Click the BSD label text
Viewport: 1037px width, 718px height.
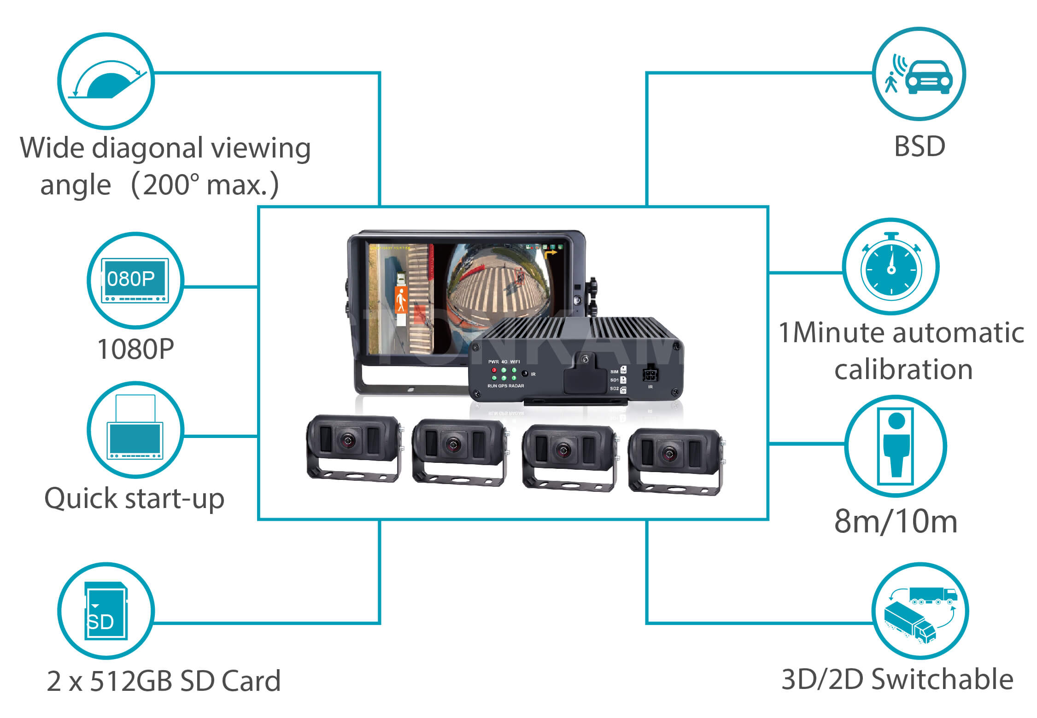(x=919, y=146)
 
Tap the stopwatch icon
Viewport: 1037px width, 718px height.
(x=891, y=267)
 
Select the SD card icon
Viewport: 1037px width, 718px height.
(x=105, y=611)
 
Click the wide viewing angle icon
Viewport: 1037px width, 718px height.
(x=106, y=81)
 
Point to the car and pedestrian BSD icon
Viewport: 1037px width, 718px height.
(x=919, y=75)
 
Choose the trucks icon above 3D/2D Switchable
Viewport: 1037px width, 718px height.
(x=920, y=612)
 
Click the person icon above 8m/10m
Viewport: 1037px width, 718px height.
(x=896, y=446)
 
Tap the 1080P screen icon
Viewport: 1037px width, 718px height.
(x=135, y=280)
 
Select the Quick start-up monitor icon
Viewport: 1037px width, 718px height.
(x=135, y=429)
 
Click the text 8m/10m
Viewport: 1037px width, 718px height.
(x=896, y=521)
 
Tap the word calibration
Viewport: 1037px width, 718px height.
(x=903, y=369)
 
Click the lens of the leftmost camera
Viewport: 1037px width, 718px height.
(x=348, y=441)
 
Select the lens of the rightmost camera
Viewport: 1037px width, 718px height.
(x=669, y=455)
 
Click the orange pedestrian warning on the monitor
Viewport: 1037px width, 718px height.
(x=401, y=300)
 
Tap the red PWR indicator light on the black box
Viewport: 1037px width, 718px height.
(x=494, y=370)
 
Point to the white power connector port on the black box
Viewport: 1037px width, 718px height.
(x=650, y=373)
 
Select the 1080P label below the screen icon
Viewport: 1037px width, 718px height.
(x=135, y=349)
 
